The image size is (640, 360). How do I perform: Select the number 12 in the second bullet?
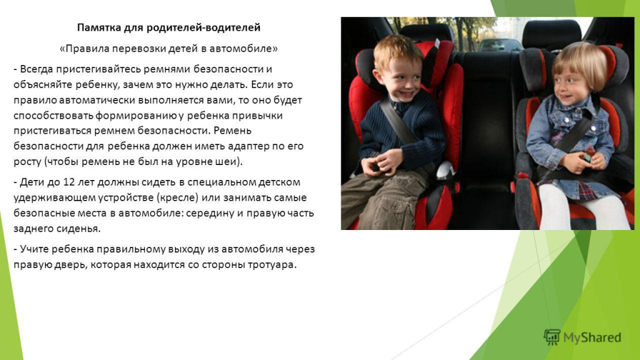(x=69, y=182)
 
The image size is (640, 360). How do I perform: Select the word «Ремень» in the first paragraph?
(x=232, y=131)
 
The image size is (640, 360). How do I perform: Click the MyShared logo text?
(x=592, y=337)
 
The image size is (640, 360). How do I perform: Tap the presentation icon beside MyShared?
(x=551, y=337)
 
